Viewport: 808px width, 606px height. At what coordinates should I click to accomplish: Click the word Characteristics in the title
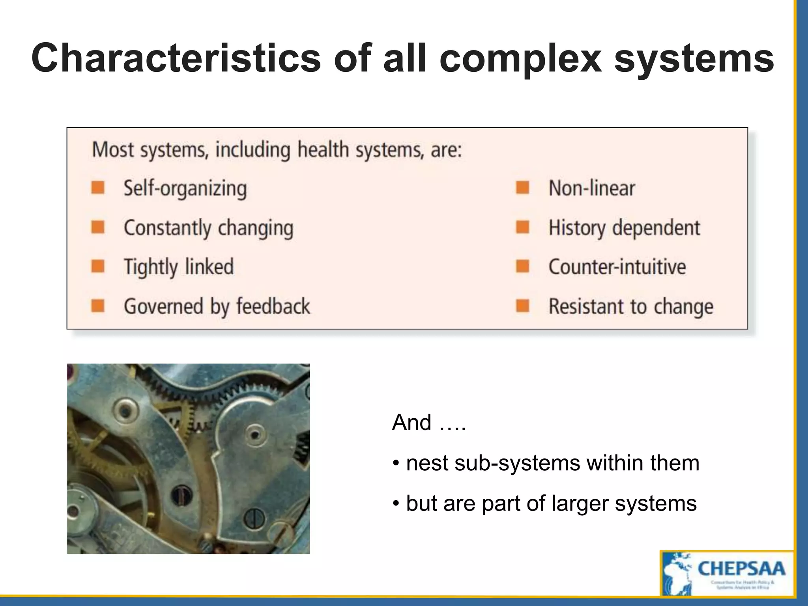176,58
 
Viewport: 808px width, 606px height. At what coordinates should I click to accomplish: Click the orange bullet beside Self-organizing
98,187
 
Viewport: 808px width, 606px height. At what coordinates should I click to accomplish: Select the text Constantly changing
209,228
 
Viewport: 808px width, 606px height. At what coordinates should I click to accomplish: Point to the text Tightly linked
179,267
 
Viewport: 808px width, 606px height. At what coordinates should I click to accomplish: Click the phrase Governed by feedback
217,307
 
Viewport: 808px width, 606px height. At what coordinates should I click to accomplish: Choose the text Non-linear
591,188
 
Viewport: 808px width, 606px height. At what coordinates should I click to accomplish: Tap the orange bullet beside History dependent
523,227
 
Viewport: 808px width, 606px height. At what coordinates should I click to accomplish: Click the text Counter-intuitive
617,267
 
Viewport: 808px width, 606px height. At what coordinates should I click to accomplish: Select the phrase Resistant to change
631,307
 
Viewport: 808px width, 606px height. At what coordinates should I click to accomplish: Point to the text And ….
429,423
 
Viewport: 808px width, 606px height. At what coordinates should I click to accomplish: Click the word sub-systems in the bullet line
517,463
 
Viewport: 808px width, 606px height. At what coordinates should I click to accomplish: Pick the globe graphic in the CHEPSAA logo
677,574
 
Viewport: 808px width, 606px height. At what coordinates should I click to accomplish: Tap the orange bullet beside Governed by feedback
98,306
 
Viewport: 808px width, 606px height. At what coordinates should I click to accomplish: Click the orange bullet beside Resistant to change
523,306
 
